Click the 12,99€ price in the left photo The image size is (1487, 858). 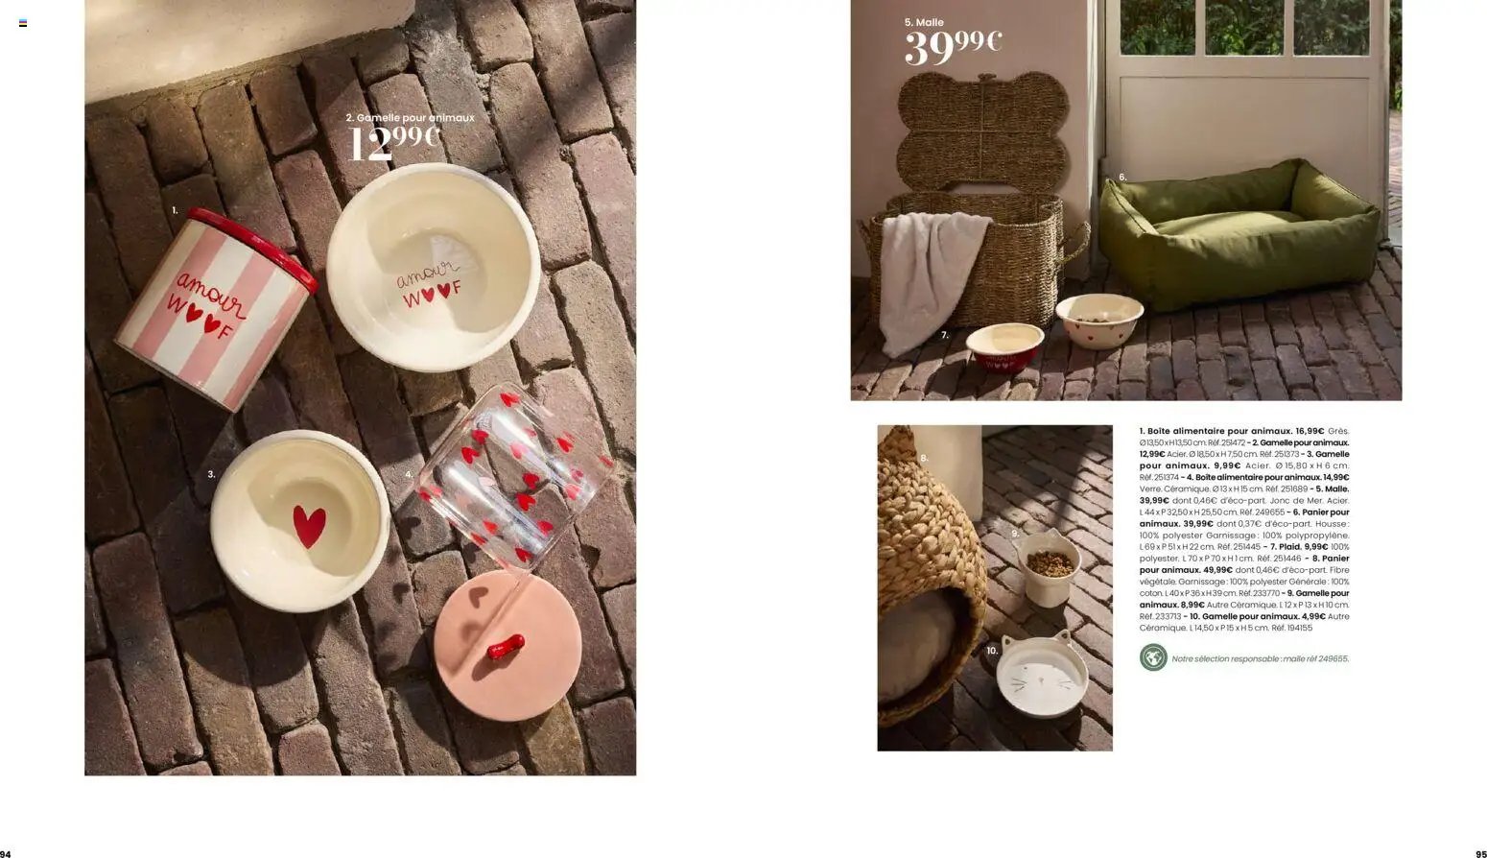tap(393, 145)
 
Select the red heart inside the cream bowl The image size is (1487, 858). tap(309, 526)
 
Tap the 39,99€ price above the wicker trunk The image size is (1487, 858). tap(953, 47)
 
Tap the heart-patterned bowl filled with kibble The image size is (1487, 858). tap(1099, 320)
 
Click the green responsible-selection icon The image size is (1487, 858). tap(1153, 657)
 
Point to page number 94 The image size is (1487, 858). tap(6, 853)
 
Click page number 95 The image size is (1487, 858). tap(1480, 853)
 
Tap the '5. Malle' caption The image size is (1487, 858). tap(924, 22)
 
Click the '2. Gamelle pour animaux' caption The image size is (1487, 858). tap(410, 117)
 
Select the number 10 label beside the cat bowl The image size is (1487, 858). tap(992, 650)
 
